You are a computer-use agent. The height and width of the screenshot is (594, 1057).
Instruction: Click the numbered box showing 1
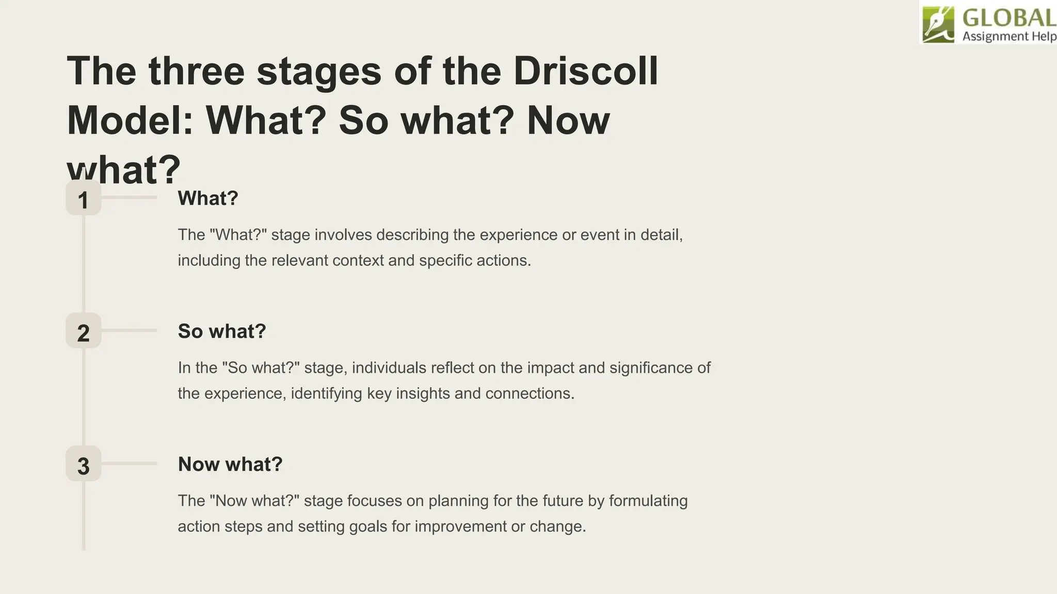click(x=84, y=198)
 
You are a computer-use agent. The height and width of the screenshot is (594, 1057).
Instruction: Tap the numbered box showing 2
click(x=84, y=331)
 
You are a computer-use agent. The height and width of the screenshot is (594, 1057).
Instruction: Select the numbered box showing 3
click(x=84, y=464)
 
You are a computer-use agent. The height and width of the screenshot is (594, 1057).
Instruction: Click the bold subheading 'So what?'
click(x=222, y=331)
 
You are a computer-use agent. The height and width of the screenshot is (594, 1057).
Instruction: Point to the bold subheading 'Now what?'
click(x=230, y=464)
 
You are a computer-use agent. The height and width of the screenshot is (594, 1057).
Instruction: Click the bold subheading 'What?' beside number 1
click(x=208, y=198)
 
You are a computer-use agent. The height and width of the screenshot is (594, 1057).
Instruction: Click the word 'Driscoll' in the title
click(x=585, y=71)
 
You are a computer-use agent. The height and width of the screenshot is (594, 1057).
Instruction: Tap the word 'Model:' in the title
click(x=130, y=120)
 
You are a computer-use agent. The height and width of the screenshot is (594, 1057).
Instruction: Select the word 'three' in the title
click(x=196, y=71)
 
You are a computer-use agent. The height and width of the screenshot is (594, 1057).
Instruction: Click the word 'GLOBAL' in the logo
click(x=1009, y=19)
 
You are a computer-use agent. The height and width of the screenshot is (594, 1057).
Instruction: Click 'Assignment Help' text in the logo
click(x=1009, y=36)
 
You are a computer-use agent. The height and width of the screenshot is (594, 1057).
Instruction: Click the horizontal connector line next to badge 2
click(x=129, y=331)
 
